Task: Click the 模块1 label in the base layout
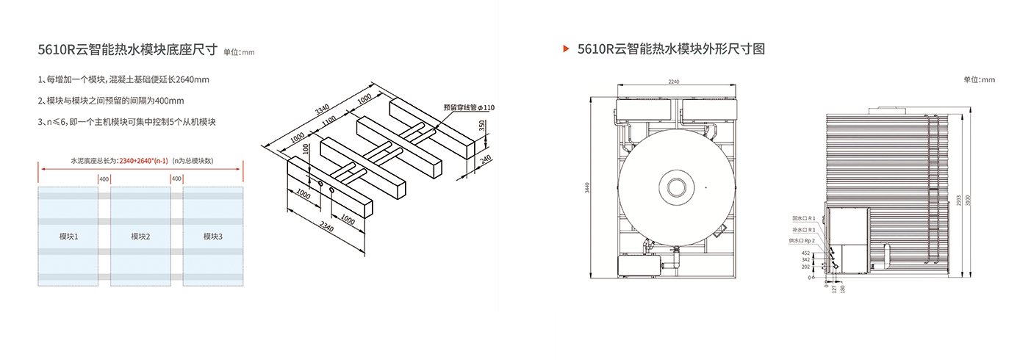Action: (x=68, y=237)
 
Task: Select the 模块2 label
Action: (x=140, y=237)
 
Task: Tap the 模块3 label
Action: (x=212, y=237)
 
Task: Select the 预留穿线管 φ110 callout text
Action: (x=470, y=107)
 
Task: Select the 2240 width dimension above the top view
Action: (x=674, y=82)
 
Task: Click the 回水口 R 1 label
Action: (x=804, y=218)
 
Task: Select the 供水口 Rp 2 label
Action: (x=803, y=240)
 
